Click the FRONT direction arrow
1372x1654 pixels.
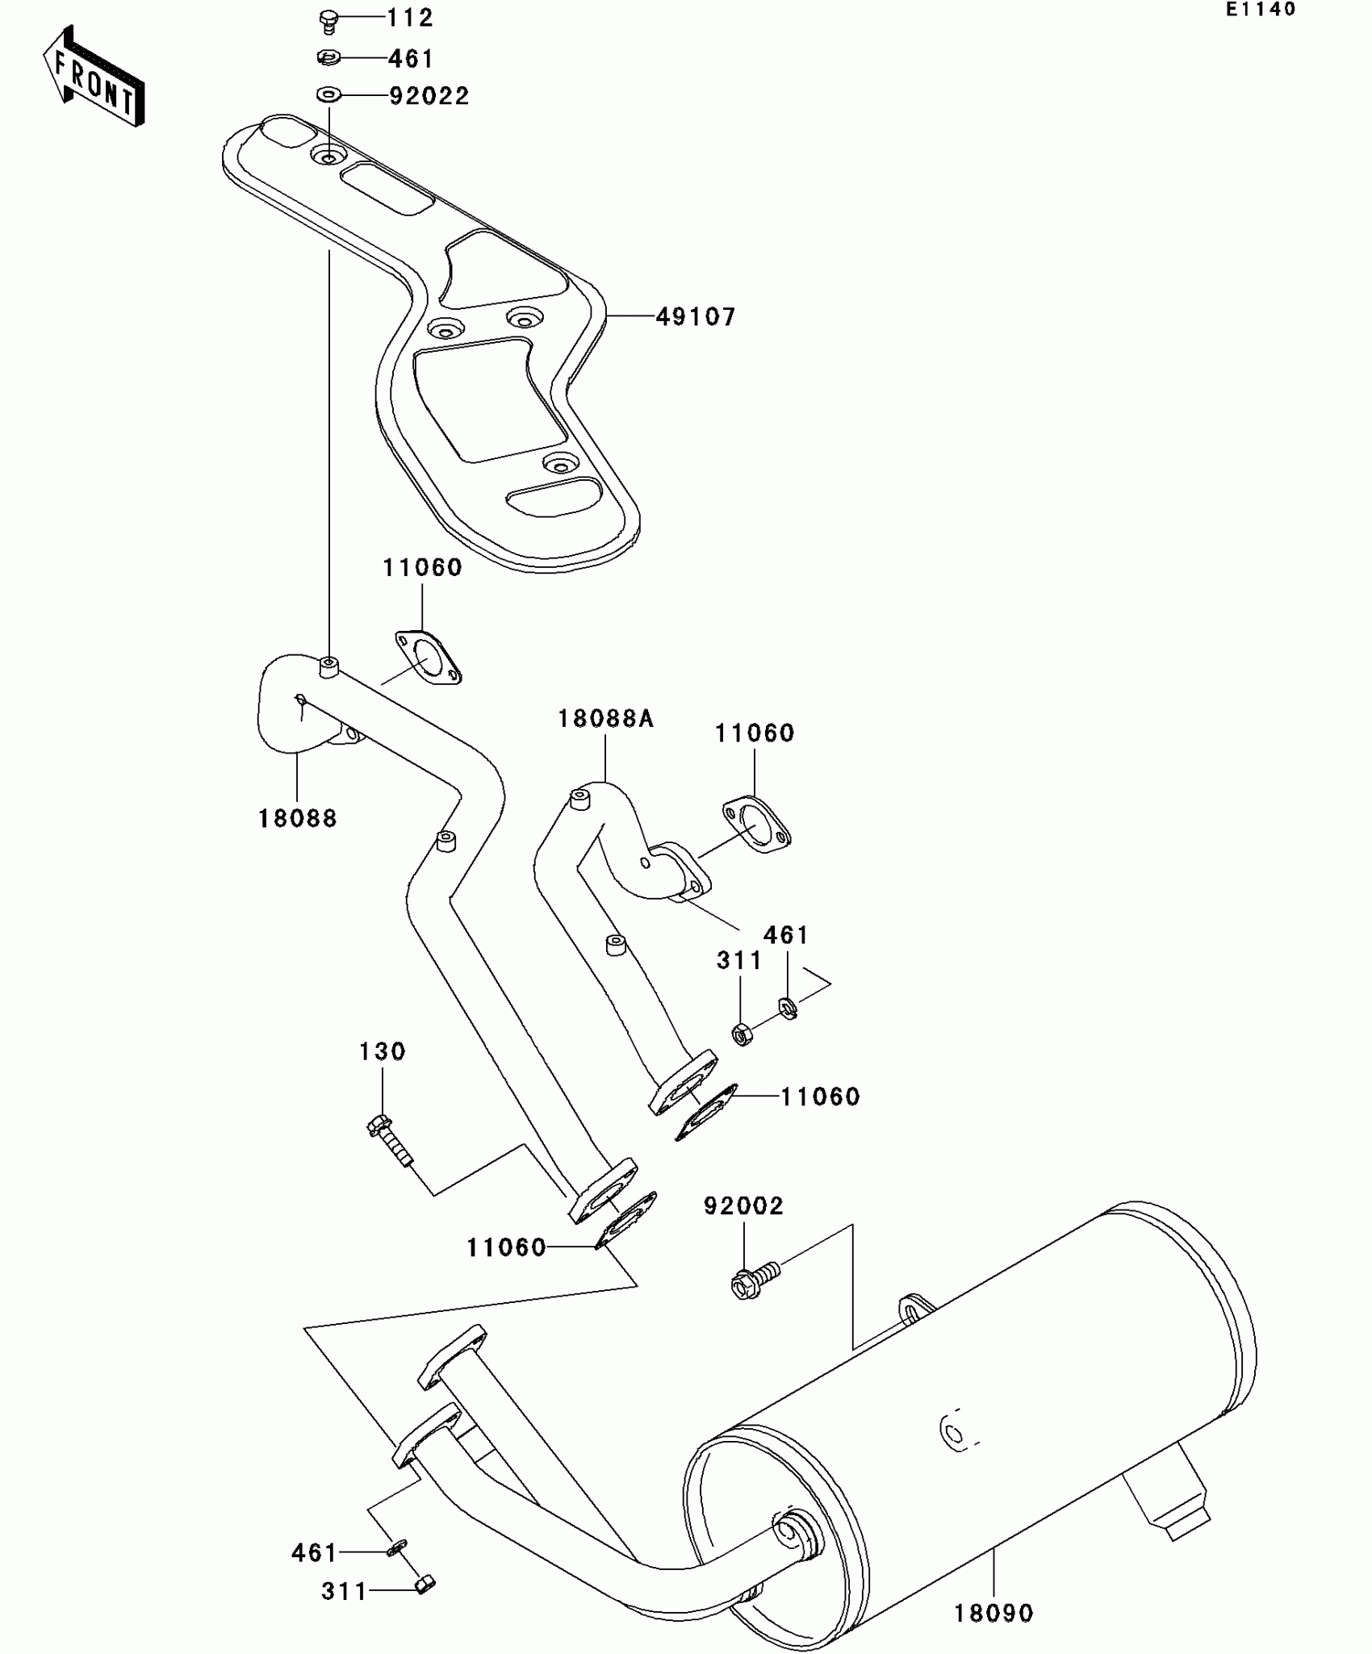tap(94, 77)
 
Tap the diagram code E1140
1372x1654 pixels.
tap(1260, 10)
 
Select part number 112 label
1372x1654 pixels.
tap(410, 18)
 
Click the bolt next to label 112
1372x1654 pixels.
tap(328, 19)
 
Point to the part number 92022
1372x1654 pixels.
tap(429, 96)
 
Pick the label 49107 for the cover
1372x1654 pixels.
tap(696, 317)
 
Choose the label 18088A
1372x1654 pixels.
tap(605, 719)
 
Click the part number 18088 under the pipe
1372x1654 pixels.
tap(297, 819)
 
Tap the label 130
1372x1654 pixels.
tap(383, 1051)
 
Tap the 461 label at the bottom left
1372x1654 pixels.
tap(315, 1552)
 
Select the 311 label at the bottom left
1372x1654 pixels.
tap(344, 1591)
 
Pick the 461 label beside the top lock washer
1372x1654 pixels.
tap(411, 59)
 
